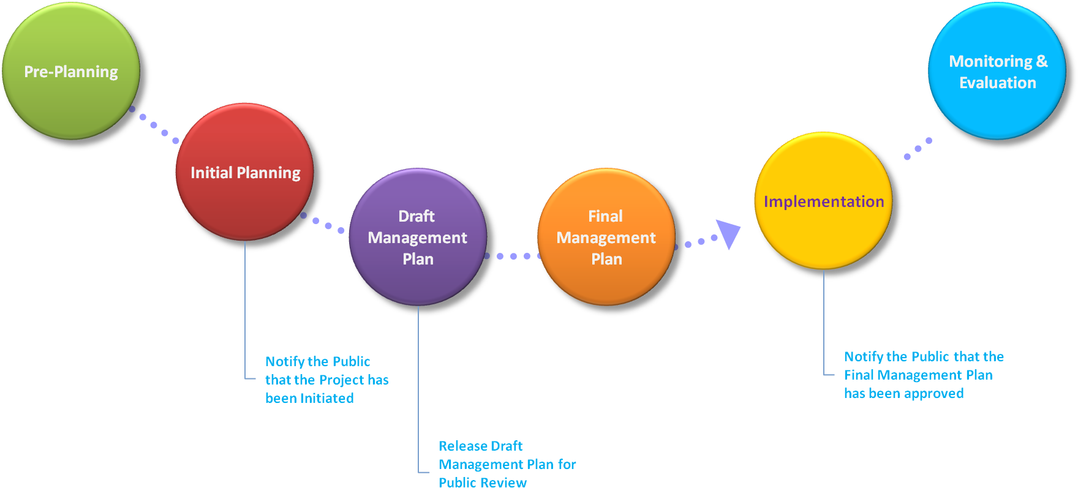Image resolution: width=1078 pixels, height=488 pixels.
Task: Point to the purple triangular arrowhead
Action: [728, 233]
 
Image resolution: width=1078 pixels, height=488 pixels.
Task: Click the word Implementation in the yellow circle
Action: [824, 201]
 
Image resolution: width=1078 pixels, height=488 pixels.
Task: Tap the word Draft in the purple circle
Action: [417, 216]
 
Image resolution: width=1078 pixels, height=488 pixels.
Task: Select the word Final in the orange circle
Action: [605, 216]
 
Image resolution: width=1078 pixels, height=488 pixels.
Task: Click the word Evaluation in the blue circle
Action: [998, 83]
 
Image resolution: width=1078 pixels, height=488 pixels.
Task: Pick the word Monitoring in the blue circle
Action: [990, 61]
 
